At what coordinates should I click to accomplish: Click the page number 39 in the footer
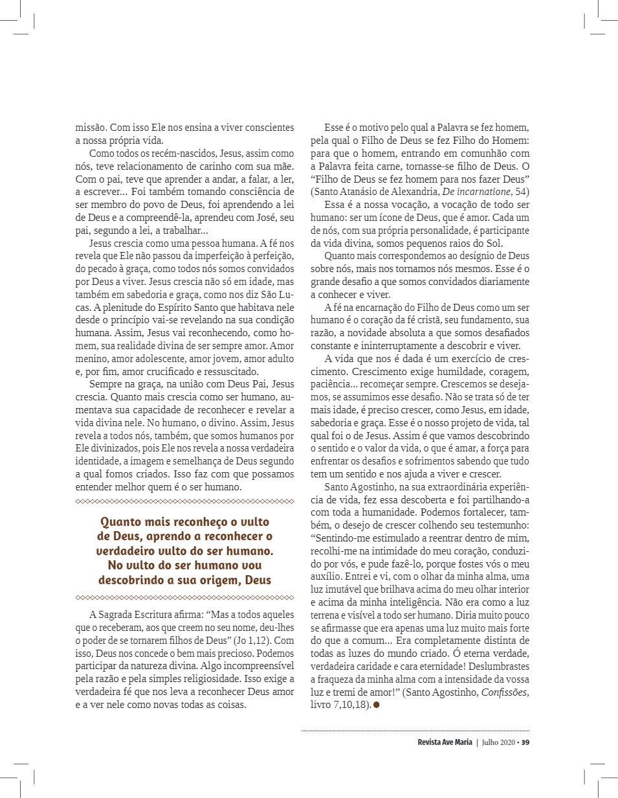click(526, 742)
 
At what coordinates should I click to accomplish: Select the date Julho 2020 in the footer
click(498, 742)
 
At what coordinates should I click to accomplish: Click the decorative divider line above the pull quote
click(185, 501)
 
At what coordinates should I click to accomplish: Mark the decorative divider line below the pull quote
click(185, 597)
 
